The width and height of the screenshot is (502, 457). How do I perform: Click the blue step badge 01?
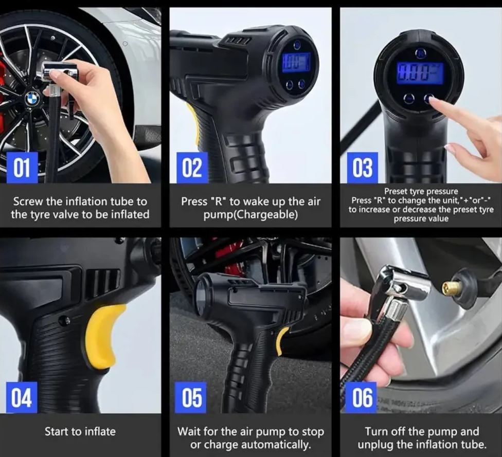(x=22, y=168)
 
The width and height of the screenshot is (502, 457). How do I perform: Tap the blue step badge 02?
(x=192, y=168)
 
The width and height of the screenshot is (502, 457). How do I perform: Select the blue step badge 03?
(x=362, y=168)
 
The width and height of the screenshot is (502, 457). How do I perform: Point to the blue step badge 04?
(x=22, y=397)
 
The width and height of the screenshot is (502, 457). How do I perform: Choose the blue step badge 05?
(x=192, y=397)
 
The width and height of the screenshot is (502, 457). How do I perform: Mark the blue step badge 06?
(x=362, y=397)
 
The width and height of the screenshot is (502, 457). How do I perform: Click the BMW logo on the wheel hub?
(x=32, y=98)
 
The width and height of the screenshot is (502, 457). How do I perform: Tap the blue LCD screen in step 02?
(x=296, y=62)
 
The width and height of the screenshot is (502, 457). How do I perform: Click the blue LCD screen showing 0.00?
(x=419, y=72)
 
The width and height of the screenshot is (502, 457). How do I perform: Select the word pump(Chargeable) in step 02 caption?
(x=250, y=214)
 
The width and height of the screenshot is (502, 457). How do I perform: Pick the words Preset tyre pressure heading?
(x=421, y=192)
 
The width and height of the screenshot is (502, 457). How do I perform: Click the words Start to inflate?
(x=80, y=431)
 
